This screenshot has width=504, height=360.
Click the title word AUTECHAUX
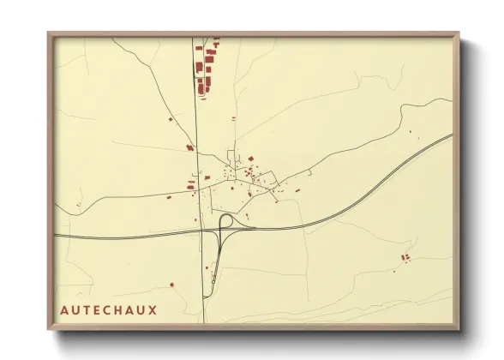point(109,309)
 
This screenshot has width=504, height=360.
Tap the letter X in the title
point(153,309)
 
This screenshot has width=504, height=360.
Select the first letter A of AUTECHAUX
point(65,309)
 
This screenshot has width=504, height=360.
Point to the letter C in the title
point(109,309)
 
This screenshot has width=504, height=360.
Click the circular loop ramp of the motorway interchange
point(228,222)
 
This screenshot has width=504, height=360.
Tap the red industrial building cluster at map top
point(206,69)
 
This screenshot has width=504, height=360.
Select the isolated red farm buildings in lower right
point(405,257)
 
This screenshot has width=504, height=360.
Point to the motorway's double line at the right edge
point(446,137)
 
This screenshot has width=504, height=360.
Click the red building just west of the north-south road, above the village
point(189,148)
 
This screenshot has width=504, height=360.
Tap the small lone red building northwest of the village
point(169,118)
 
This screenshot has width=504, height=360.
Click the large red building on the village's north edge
point(249,159)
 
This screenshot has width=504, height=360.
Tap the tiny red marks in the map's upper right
point(411,130)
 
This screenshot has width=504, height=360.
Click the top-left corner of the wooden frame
point(50,35)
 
